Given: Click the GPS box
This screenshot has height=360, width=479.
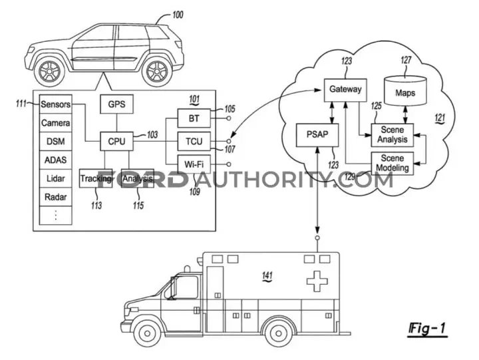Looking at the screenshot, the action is [116, 104].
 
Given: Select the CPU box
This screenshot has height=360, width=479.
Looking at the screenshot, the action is [116, 141].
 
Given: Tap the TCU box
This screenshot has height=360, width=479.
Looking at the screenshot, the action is [194, 141].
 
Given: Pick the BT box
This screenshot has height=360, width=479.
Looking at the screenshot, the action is [194, 118].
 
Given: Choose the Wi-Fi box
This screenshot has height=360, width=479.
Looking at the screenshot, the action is [194, 164].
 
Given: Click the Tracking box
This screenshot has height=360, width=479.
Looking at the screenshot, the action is [96, 178].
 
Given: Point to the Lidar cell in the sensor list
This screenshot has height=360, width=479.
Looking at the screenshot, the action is [56, 178].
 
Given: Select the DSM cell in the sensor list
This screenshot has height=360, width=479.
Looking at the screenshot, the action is [56, 141].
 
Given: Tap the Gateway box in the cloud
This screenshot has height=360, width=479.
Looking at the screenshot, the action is [345, 90].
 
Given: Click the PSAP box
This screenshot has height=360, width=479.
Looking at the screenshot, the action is [317, 135].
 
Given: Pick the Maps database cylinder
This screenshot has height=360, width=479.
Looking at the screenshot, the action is [405, 90].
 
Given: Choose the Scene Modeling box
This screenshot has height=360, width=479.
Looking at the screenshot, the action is [393, 164].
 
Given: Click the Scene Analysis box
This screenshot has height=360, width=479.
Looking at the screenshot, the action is [393, 135].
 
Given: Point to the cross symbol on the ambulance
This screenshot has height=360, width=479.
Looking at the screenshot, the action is [317, 281].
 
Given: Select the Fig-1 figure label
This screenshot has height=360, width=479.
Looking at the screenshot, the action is [427, 329].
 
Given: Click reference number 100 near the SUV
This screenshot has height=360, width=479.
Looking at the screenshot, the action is [178, 15].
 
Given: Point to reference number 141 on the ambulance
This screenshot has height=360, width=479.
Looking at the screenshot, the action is [267, 276].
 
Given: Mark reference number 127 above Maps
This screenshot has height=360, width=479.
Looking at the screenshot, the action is [406, 60].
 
